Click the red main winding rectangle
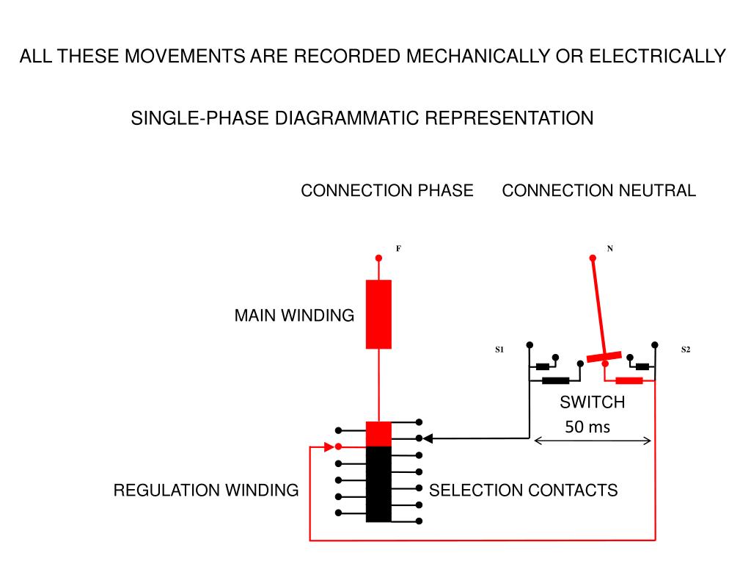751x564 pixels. (x=378, y=314)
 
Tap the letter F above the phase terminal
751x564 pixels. (x=398, y=248)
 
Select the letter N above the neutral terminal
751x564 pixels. (x=609, y=248)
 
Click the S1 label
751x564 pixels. (x=499, y=350)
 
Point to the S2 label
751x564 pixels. (x=686, y=350)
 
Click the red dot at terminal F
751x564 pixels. (x=378, y=258)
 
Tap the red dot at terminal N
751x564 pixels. (x=593, y=258)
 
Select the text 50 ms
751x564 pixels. (x=587, y=427)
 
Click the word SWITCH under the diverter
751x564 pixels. (x=592, y=402)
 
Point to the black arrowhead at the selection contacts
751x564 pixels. (x=428, y=438)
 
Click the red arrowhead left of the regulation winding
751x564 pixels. (x=329, y=447)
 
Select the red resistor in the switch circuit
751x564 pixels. (x=629, y=381)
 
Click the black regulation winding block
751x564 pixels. (x=378, y=484)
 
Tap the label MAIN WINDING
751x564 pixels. (x=294, y=316)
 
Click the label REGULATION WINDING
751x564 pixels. (x=206, y=490)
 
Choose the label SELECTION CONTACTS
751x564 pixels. (x=523, y=490)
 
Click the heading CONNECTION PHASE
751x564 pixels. (x=387, y=190)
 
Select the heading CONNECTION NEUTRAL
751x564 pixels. (x=598, y=190)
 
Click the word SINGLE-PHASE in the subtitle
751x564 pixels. (x=199, y=118)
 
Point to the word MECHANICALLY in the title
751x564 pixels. (x=478, y=56)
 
